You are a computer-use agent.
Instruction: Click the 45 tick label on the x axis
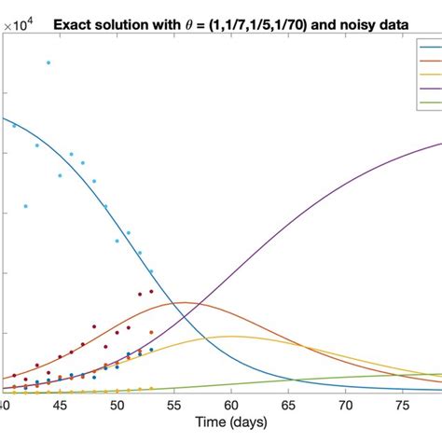pos(60,407)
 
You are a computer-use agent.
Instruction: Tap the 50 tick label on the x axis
pos(117,407)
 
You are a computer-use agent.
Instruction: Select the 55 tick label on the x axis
pos(173,407)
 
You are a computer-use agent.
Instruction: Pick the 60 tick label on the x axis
pos(230,407)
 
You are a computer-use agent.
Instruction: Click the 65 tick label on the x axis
pos(287,407)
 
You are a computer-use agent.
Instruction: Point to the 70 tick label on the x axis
pos(345,407)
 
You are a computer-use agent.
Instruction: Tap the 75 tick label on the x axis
pos(402,407)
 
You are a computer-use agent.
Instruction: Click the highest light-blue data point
pos(48,62)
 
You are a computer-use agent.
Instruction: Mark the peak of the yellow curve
pos(230,336)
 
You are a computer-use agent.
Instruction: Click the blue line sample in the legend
pos(432,46)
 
